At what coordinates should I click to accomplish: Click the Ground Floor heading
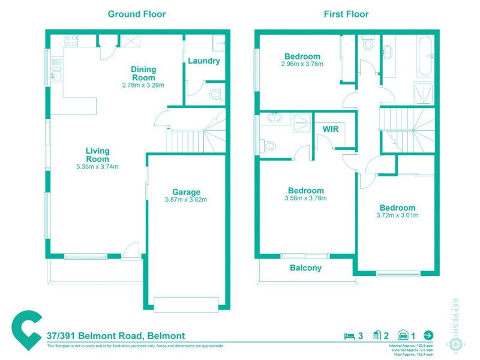point(136,14)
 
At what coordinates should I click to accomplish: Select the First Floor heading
point(346,14)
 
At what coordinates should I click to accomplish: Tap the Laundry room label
point(204,61)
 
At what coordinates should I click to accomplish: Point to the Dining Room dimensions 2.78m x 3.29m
point(143,85)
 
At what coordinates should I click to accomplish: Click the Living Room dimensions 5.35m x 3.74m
point(97,167)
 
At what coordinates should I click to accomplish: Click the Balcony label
point(305,268)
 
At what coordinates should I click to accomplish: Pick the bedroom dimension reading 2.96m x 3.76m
point(302,64)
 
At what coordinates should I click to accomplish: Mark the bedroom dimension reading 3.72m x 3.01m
point(397,216)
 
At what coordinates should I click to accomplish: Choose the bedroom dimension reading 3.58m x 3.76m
point(305,199)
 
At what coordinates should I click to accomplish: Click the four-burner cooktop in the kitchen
point(71,41)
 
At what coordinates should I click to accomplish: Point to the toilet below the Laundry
point(217,94)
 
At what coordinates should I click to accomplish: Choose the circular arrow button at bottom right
point(428,335)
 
